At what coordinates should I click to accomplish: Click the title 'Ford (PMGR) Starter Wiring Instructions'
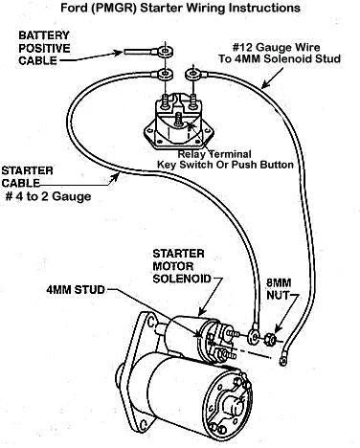point(180,8)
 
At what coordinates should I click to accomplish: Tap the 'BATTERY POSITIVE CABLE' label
point(44,48)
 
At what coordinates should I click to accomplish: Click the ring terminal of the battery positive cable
point(165,51)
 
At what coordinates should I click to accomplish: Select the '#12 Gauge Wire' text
point(276,48)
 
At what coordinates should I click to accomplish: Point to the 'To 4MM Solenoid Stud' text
point(280,58)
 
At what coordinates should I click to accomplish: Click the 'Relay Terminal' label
point(214,154)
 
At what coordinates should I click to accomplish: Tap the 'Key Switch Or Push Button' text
point(225,165)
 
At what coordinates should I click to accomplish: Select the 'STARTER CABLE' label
point(27,177)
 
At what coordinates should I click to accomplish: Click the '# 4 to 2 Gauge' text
point(48,196)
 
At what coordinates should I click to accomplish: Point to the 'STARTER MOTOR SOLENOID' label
point(182,266)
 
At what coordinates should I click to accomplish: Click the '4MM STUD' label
point(76,290)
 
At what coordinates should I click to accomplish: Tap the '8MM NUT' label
point(279,289)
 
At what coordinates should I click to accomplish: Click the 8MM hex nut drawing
point(269,338)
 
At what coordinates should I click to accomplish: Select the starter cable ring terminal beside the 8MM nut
point(254,334)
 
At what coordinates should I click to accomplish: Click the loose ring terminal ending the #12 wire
point(282,361)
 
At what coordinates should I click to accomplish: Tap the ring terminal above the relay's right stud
point(192,75)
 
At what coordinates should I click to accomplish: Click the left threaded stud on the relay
point(166,101)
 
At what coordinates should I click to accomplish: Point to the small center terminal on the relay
point(179,119)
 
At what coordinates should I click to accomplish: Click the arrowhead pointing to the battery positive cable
point(119,52)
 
